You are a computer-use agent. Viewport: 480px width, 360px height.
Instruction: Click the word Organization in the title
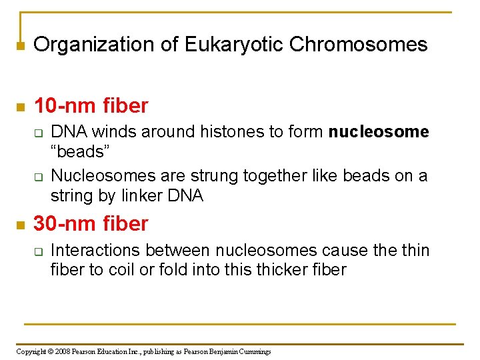coord(91,45)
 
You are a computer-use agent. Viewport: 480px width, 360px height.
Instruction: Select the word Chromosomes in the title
coord(358,45)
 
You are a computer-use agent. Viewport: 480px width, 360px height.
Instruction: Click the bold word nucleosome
coord(379,132)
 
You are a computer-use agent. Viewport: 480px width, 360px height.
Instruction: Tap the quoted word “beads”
coord(79,151)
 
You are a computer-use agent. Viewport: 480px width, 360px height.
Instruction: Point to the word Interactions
coord(95,250)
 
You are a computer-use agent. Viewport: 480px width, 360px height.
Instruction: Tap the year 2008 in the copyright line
coord(63,351)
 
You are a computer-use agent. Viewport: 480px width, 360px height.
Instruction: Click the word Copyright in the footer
coord(31,351)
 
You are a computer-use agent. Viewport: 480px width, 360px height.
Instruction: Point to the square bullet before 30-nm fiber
coord(20,225)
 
